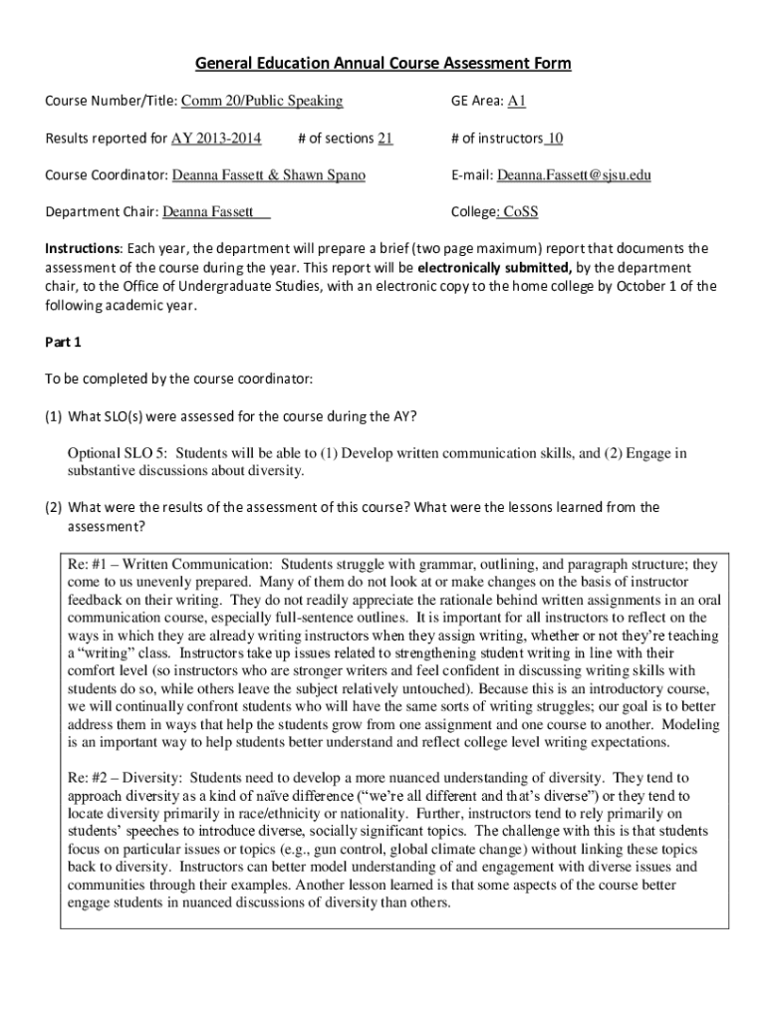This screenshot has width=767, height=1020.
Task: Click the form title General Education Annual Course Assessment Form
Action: pyautogui.click(x=383, y=64)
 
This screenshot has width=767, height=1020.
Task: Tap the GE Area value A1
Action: pyautogui.click(x=517, y=101)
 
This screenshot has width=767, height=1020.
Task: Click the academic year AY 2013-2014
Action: pyautogui.click(x=216, y=138)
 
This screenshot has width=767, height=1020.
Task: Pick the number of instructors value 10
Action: pyautogui.click(x=555, y=138)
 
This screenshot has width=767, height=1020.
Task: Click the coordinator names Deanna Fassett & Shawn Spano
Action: pyautogui.click(x=269, y=175)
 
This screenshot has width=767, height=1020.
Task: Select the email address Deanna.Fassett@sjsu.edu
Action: pyautogui.click(x=574, y=175)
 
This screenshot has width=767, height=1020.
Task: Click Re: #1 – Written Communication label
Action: pyautogui.click(x=163, y=564)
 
